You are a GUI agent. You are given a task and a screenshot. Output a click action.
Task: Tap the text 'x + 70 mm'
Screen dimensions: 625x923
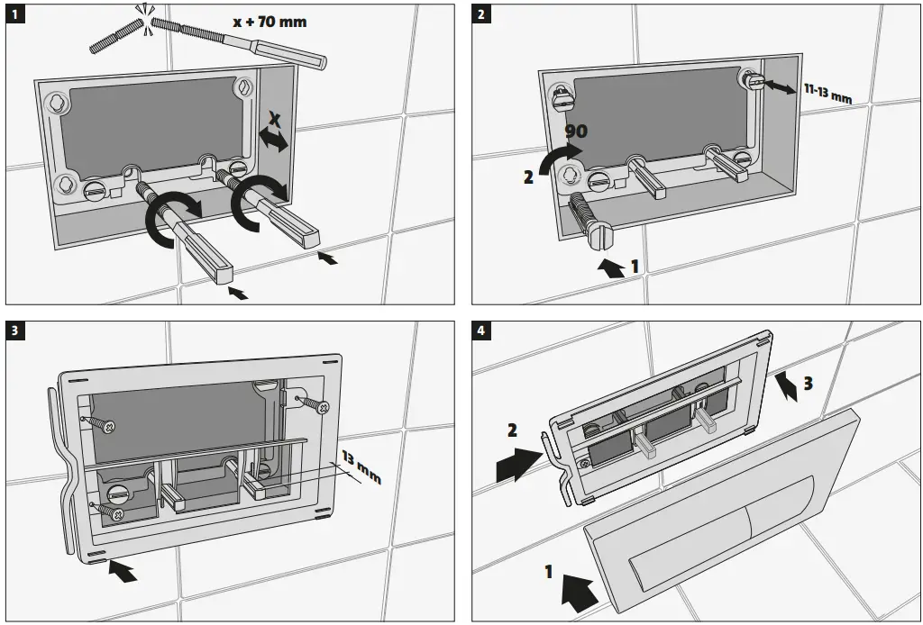[x=270, y=21]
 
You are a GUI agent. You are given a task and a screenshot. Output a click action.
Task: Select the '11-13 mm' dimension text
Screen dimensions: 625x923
[x=827, y=92]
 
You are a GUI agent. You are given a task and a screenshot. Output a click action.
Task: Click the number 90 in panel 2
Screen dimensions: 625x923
[x=575, y=131]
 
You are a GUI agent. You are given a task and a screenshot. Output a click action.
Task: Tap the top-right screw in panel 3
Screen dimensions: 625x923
[x=317, y=405]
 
